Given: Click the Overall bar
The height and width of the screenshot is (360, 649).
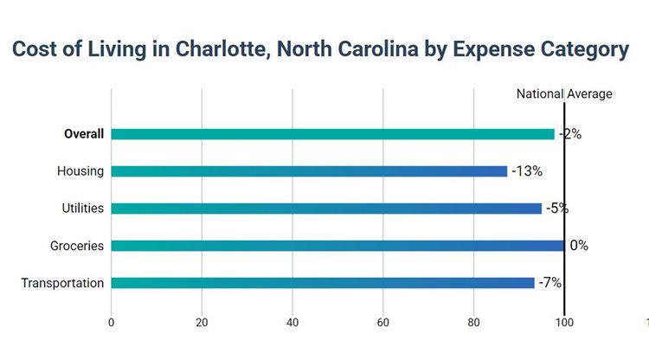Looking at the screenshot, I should click(332, 134).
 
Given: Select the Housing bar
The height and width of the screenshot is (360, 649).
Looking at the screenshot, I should click(309, 171).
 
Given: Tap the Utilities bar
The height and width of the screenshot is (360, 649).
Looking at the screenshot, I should click(326, 209).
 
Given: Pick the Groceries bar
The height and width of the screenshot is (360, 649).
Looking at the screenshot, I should click(337, 246).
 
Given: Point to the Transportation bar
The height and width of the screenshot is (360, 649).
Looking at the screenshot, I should click(323, 283).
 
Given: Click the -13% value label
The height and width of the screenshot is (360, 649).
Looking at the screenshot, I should click(527, 171).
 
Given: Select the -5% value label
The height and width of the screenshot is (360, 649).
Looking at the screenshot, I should click(556, 209).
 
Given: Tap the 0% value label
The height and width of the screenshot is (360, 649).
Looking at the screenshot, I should click(579, 246).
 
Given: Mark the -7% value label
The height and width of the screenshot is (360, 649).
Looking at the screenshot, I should click(551, 283).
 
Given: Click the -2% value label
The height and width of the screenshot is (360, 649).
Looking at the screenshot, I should click(569, 134).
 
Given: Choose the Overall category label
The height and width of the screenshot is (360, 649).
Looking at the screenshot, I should click(84, 134).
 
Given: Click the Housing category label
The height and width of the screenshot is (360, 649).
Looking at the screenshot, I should click(80, 171).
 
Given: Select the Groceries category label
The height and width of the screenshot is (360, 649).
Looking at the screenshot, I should click(77, 246).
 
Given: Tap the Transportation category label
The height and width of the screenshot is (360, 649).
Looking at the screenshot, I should click(62, 283).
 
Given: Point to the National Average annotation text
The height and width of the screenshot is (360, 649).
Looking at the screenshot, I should click(564, 94).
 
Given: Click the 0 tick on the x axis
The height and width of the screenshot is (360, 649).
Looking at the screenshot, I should click(111, 323).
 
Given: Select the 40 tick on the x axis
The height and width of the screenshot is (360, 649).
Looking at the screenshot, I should click(292, 323).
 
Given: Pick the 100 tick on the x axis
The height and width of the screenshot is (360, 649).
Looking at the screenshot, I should click(564, 323).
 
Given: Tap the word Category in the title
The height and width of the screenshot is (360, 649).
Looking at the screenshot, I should click(577, 50).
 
